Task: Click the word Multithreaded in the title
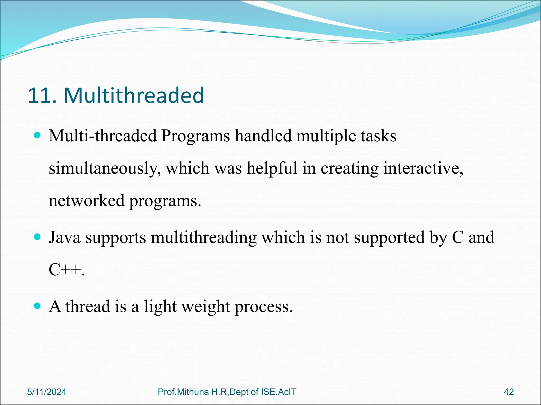[x=134, y=95]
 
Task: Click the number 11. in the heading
[x=42, y=95]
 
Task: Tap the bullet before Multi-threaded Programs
[x=38, y=136]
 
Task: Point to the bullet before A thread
[x=38, y=306]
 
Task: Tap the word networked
[x=86, y=200]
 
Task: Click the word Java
[x=65, y=237]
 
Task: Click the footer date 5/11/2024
[x=47, y=392]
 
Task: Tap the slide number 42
[x=509, y=392]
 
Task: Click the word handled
[x=263, y=136]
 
